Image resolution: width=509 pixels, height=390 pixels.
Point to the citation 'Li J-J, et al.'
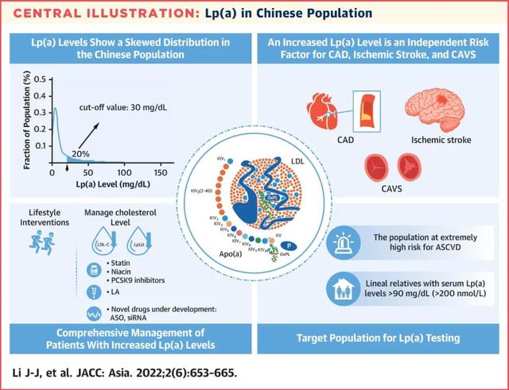click(44, 373)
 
